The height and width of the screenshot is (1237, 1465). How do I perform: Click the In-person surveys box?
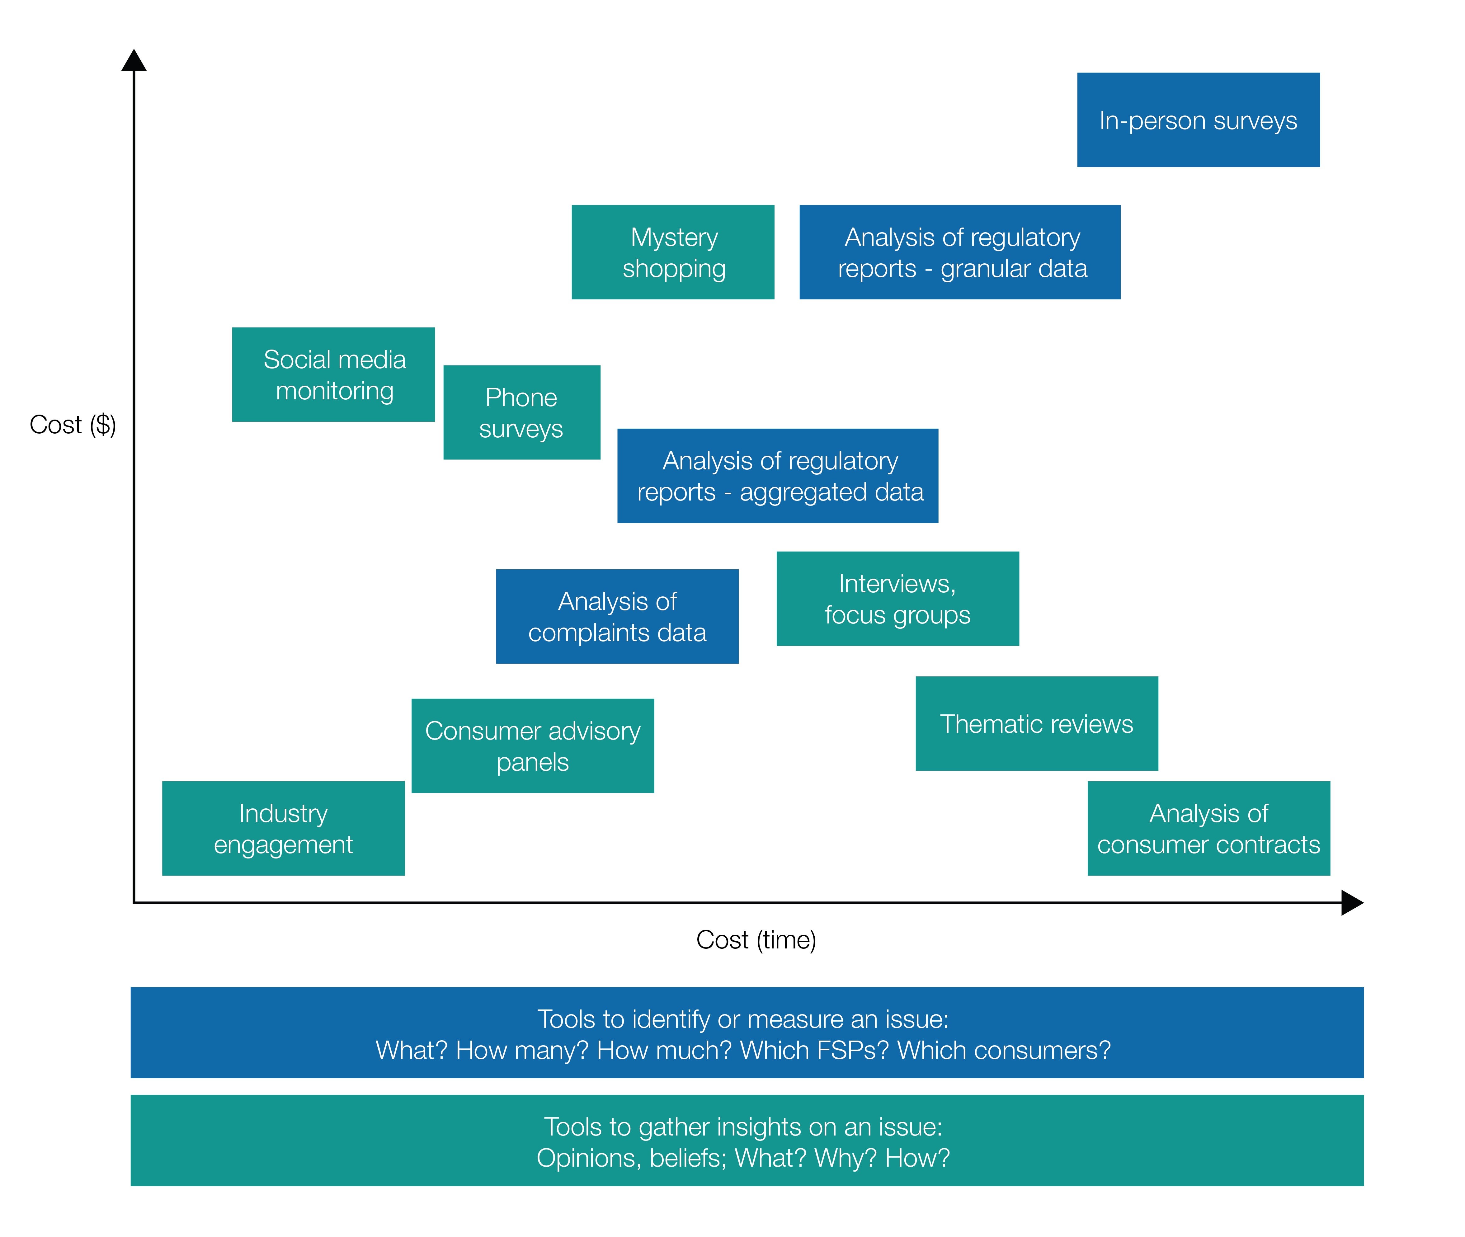click(x=1198, y=120)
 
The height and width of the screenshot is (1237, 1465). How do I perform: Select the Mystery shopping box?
click(x=672, y=252)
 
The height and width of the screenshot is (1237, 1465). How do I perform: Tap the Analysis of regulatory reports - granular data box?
click(x=959, y=252)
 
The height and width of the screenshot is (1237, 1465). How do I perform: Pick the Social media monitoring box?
click(x=333, y=374)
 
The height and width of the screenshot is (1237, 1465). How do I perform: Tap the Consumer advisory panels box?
click(x=532, y=746)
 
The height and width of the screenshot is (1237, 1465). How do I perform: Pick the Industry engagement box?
click(x=283, y=828)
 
